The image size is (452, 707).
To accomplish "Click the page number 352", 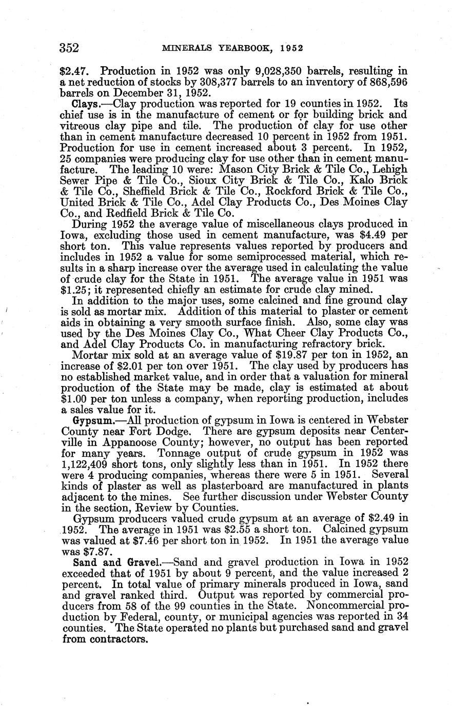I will [69, 48].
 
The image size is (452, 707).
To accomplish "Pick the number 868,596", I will [386, 82].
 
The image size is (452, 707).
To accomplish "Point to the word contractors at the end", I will [116, 640].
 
